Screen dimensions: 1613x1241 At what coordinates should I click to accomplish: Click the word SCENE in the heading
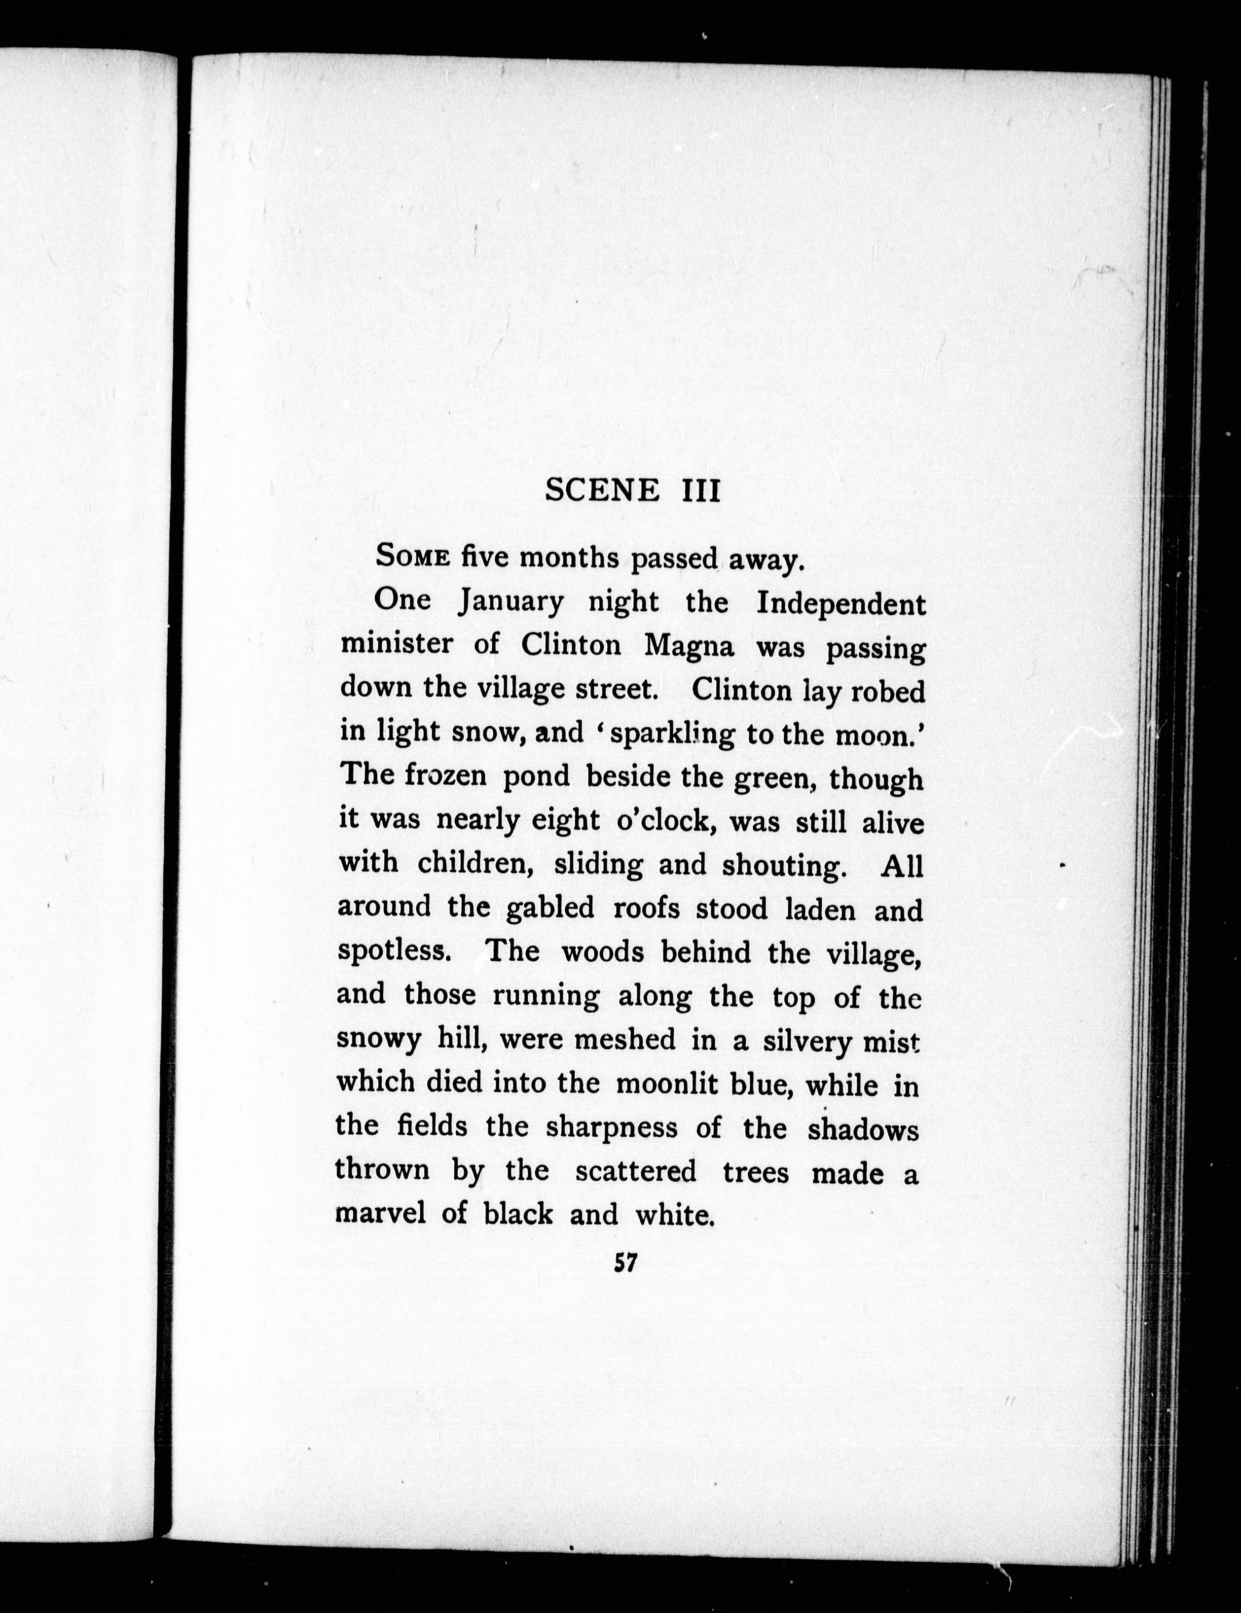tap(602, 490)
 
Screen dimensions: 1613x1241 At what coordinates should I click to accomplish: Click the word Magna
tap(689, 646)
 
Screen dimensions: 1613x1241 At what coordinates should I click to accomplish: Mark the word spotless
tap(393, 951)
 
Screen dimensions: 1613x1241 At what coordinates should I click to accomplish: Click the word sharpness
tap(612, 1127)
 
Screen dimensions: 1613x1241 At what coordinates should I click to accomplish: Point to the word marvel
tap(380, 1214)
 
